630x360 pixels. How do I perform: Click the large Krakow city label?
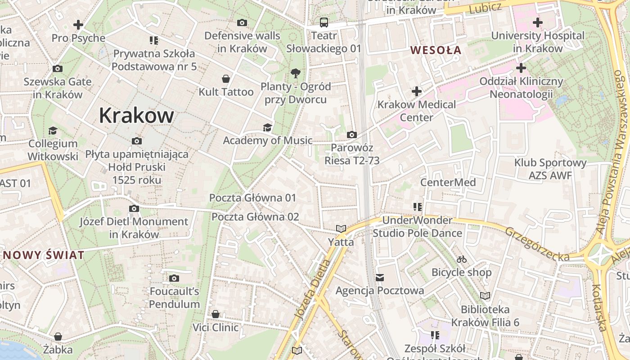pyautogui.click(x=136, y=115)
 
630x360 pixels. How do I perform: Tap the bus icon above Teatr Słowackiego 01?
pyautogui.click(x=324, y=22)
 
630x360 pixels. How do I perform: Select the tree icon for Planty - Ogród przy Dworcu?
pyautogui.click(x=296, y=73)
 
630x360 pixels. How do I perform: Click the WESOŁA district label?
pyautogui.click(x=436, y=50)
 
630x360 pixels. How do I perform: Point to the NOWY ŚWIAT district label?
pyautogui.click(x=43, y=255)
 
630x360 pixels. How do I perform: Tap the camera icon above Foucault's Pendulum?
pyautogui.click(x=174, y=278)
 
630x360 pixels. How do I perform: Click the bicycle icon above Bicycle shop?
pyautogui.click(x=461, y=259)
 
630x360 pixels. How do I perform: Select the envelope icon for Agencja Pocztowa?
pyautogui.click(x=380, y=277)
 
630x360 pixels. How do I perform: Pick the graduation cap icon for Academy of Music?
pyautogui.click(x=267, y=127)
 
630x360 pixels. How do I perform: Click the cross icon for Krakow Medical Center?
pyautogui.click(x=417, y=92)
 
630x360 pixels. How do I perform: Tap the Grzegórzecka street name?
pyautogui.click(x=536, y=244)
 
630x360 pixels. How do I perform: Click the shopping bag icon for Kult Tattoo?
pyautogui.click(x=226, y=79)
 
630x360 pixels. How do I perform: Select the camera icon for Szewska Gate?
pyautogui.click(x=58, y=69)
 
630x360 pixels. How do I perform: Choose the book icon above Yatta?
pyautogui.click(x=341, y=229)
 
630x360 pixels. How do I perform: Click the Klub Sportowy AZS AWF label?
pyautogui.click(x=550, y=169)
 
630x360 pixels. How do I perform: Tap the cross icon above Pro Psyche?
pyautogui.click(x=78, y=25)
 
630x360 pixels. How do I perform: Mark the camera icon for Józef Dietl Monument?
pyautogui.click(x=134, y=208)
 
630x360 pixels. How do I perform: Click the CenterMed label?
pyautogui.click(x=448, y=182)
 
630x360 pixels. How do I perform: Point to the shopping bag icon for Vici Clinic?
pyautogui.click(x=216, y=314)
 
